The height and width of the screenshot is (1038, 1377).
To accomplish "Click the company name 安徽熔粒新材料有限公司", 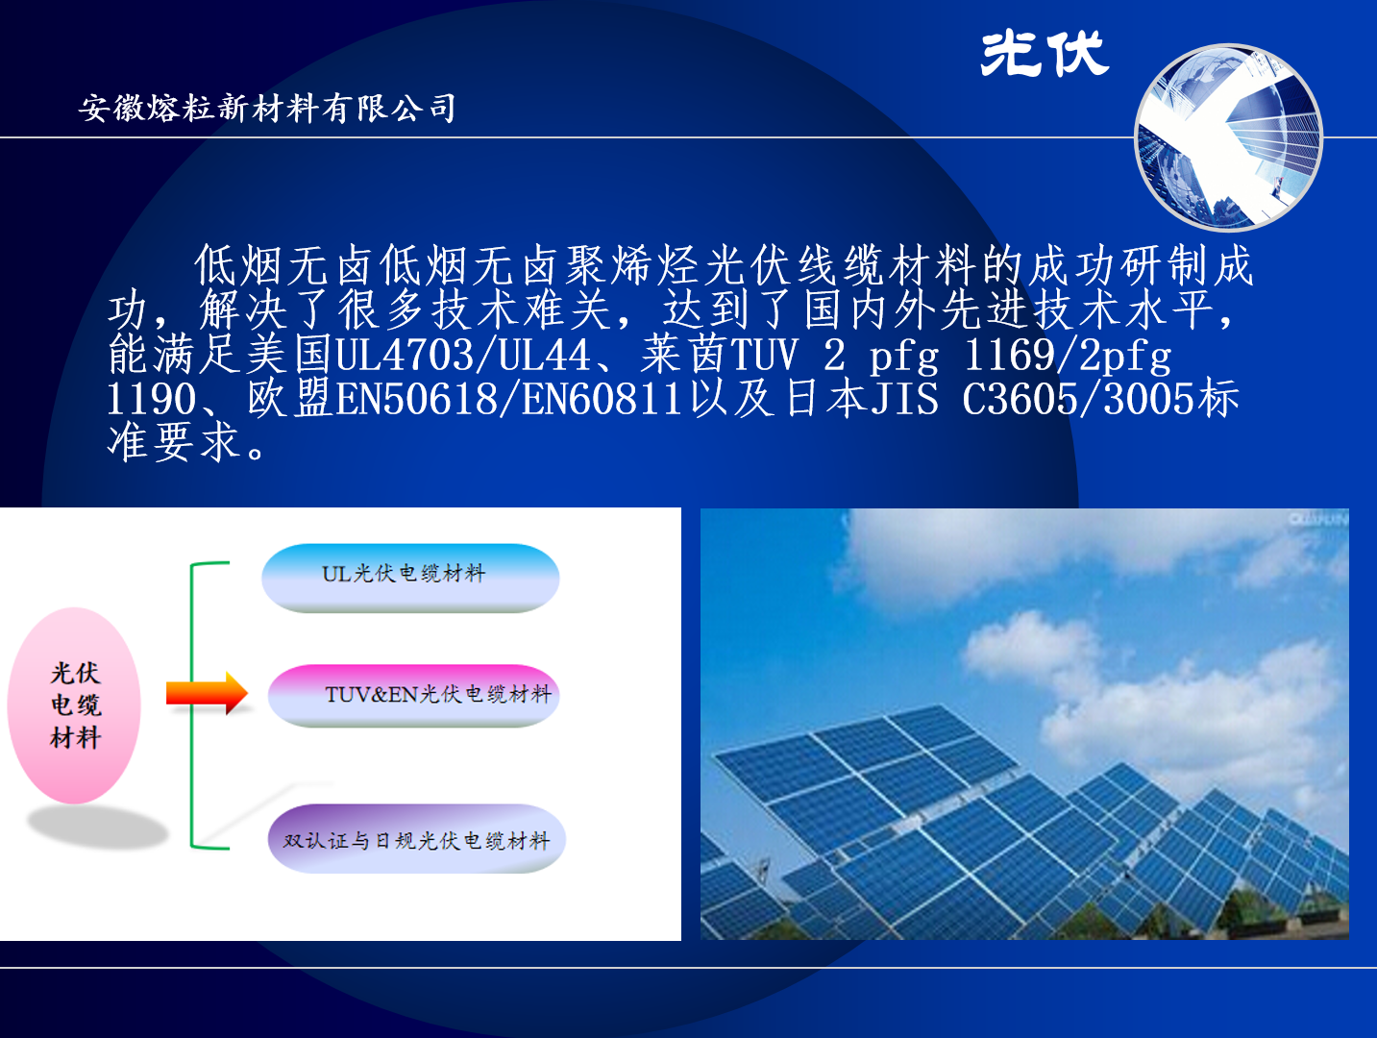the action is click(x=267, y=108).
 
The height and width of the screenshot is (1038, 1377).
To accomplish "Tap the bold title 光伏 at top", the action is click(x=1045, y=54).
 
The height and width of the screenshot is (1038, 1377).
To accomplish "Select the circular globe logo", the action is click(x=1229, y=137).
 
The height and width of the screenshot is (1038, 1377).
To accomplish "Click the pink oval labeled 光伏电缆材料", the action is click(x=74, y=704).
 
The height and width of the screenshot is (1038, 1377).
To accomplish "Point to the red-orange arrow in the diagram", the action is click(x=207, y=693).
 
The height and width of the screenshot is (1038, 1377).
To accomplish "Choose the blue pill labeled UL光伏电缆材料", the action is click(x=410, y=577).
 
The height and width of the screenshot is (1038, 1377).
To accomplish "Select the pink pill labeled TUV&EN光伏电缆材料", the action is click(x=413, y=696).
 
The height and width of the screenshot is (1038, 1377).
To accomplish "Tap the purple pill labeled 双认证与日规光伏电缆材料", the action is click(x=416, y=838).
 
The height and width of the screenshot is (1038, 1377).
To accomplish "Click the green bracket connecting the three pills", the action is click(x=191, y=705).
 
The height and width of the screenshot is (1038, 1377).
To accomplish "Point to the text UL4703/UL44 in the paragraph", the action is click(x=463, y=355).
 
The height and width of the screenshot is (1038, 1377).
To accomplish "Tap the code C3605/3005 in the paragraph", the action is click(x=1079, y=399).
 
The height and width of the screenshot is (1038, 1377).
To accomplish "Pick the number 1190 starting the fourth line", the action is click(x=152, y=399).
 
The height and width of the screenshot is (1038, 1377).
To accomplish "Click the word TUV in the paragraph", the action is click(x=765, y=355).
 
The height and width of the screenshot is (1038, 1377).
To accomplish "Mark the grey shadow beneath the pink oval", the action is click(x=98, y=828).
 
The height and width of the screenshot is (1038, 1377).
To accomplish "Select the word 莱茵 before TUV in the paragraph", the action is click(x=685, y=355).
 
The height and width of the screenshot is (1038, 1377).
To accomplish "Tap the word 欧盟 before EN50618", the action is click(x=290, y=399).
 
